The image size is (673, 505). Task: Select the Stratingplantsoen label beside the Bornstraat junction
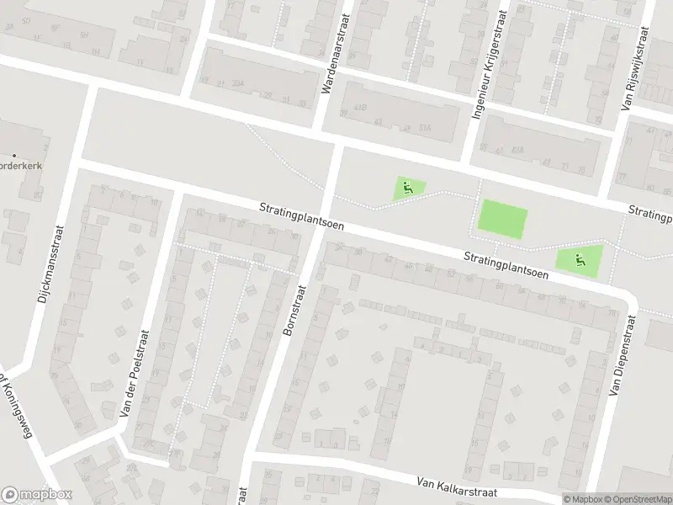point(301,215)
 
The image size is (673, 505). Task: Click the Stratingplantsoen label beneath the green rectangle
point(505,266)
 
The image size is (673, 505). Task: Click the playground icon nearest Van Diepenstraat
point(580,259)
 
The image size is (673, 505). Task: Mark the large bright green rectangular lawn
point(502,221)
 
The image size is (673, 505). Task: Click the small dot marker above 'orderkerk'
point(14,154)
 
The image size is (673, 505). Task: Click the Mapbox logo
point(37,495)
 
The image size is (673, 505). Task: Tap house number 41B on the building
point(360,108)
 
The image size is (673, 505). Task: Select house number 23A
point(238,86)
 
